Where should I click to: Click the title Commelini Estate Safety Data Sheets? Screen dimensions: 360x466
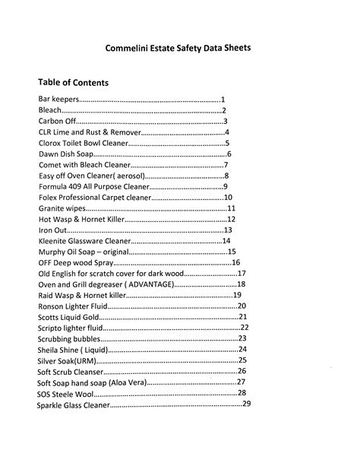click(178, 47)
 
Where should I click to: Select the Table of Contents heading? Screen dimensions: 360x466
click(73, 82)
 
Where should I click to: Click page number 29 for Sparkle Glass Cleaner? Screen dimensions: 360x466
click(246, 404)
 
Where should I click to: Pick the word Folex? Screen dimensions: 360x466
click(49, 198)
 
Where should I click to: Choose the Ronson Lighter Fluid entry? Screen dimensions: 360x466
click(71, 306)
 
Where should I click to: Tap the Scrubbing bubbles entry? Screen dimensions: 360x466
click(68, 339)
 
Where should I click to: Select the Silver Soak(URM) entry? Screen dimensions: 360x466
click(67, 360)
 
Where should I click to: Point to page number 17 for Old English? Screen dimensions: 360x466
click(242, 274)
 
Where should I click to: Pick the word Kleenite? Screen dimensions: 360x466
click(55, 241)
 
